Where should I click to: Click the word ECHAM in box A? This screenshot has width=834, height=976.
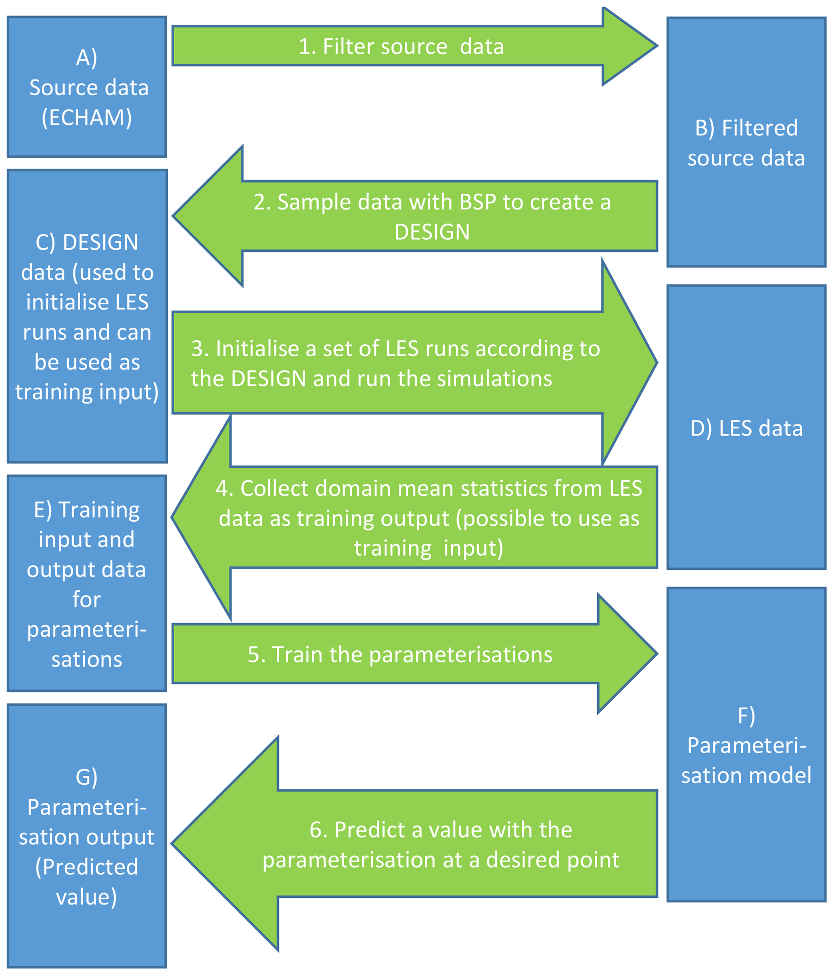pyautogui.click(x=87, y=118)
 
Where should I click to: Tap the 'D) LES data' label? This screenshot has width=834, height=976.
pyautogui.click(x=746, y=428)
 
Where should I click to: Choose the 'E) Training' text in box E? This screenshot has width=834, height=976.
pyautogui.click(x=87, y=510)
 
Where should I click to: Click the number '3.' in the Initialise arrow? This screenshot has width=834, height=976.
pyautogui.click(x=200, y=349)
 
